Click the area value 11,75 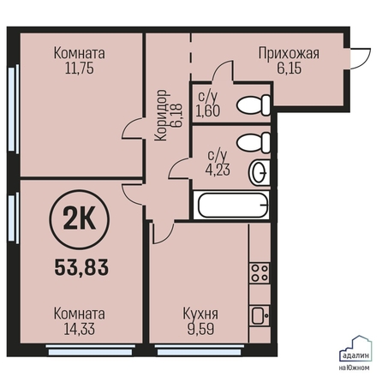(80, 69)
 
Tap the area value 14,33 (80, 329)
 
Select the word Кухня (200, 314)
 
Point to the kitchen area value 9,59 (200, 329)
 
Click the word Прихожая (289, 53)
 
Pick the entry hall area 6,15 (289, 69)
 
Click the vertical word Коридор (162, 115)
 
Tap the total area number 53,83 (81, 267)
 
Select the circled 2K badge (80, 220)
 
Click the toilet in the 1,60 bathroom (254, 105)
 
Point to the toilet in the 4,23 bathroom (254, 142)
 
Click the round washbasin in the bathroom (260, 172)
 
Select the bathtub (231, 206)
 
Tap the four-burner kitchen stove (260, 273)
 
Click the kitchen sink (260, 315)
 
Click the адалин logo (355, 353)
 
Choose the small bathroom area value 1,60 (208, 111)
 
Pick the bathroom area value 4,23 (218, 170)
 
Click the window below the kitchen (200, 350)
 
